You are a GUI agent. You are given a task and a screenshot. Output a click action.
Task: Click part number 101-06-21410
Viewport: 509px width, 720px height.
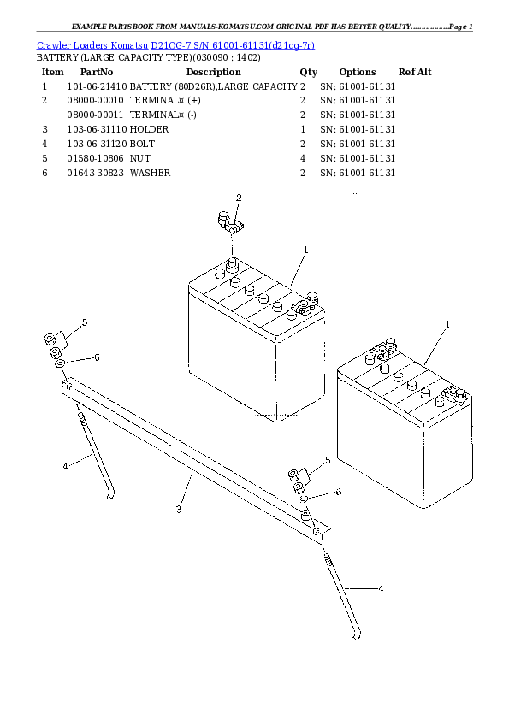97,86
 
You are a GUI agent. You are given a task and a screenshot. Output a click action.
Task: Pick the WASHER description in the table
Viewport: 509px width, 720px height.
150,173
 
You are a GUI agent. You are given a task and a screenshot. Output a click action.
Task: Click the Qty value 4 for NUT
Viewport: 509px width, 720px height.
303,158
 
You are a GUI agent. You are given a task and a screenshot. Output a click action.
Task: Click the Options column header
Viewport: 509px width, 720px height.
357,72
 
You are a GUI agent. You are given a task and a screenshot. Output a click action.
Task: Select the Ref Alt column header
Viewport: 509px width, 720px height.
415,72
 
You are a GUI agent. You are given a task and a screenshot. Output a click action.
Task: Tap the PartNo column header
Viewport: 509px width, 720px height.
97,72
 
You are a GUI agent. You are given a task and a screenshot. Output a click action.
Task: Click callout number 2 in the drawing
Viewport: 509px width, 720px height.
239,198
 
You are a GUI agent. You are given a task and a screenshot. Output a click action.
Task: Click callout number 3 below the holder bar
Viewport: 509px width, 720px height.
178,510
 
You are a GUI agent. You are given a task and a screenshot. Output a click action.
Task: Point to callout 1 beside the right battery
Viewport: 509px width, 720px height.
447,324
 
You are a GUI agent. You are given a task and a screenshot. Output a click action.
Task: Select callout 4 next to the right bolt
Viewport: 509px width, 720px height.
381,589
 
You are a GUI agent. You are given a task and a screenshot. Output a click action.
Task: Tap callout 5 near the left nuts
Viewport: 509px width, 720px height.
85,322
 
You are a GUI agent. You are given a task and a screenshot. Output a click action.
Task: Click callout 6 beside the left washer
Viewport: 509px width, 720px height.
97,357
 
